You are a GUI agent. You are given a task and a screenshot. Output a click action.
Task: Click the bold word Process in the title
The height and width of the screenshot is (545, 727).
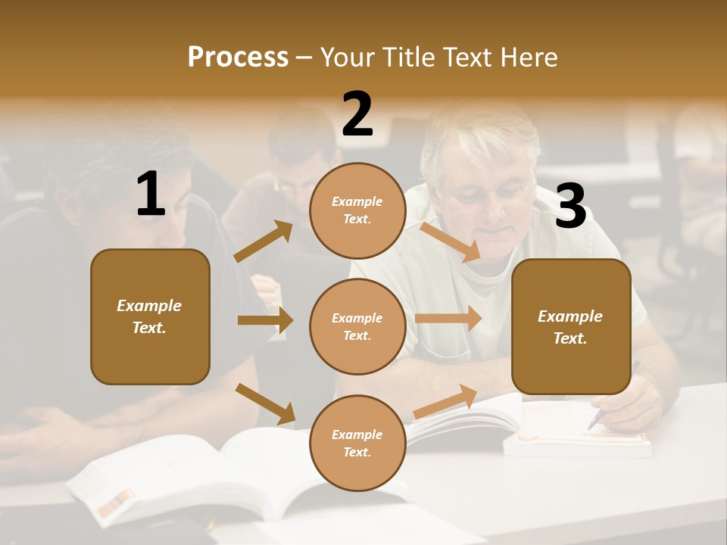click(x=238, y=58)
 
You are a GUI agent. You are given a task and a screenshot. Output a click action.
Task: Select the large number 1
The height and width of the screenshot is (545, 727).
click(x=151, y=195)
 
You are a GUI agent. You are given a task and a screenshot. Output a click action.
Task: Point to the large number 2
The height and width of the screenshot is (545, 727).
click(x=357, y=114)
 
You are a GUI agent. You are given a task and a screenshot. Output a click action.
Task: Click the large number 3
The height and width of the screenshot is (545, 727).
click(x=570, y=206)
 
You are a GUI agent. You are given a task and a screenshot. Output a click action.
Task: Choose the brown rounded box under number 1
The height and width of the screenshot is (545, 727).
click(x=150, y=316)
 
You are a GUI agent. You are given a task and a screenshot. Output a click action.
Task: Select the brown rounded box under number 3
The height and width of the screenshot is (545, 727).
click(x=571, y=327)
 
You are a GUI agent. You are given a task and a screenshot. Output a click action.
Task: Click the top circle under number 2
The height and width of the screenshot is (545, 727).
click(x=357, y=210)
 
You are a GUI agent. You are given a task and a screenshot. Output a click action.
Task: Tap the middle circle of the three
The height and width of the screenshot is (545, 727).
click(x=357, y=326)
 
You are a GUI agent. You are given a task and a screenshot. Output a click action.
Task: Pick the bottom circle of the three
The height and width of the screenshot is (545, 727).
click(x=357, y=443)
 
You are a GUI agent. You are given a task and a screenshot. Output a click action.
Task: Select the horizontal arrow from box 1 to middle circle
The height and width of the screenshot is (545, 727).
click(x=265, y=320)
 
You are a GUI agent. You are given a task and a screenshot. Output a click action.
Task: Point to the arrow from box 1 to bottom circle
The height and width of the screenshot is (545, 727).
click(x=265, y=403)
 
